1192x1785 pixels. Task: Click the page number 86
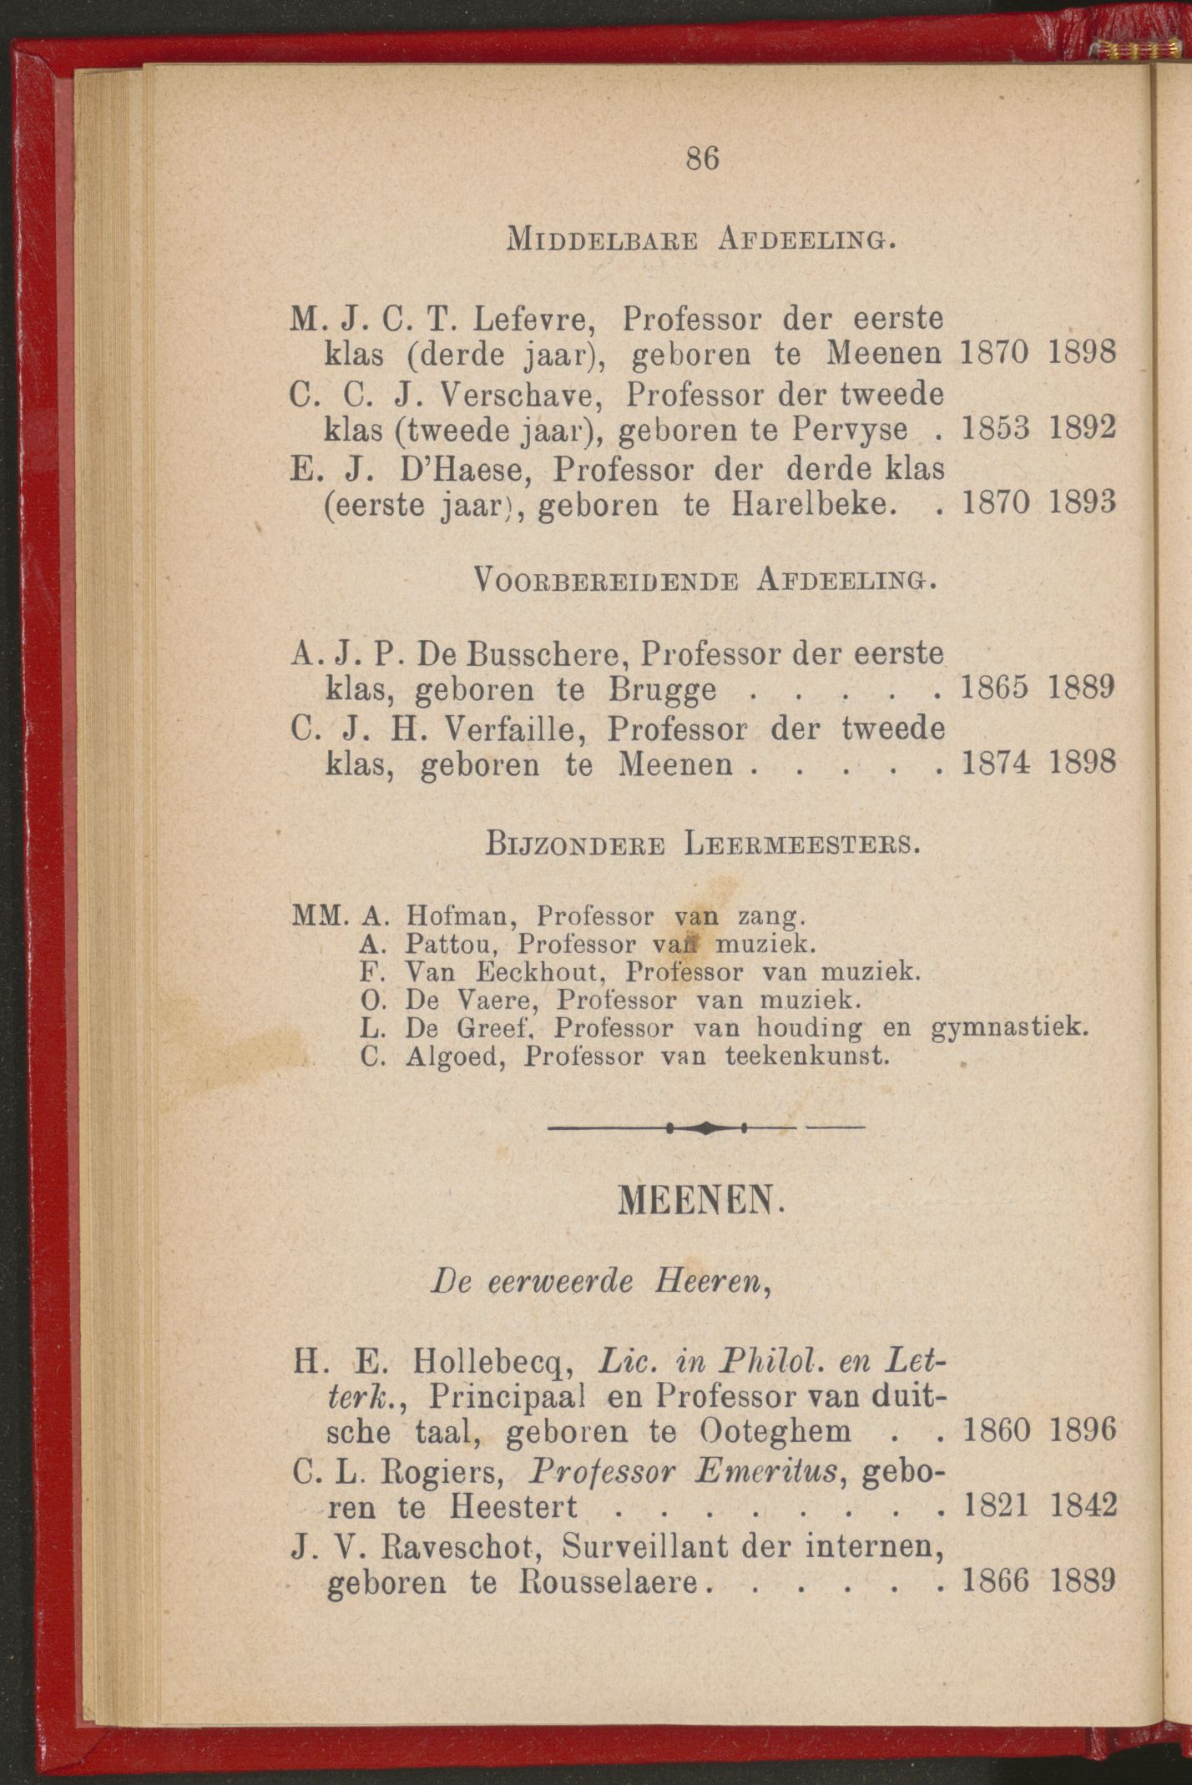click(702, 159)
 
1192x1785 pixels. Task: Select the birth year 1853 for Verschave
click(996, 429)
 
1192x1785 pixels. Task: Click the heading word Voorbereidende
click(606, 579)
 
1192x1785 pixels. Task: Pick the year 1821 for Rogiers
click(996, 1506)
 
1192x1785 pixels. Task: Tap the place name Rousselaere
click(609, 1581)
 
